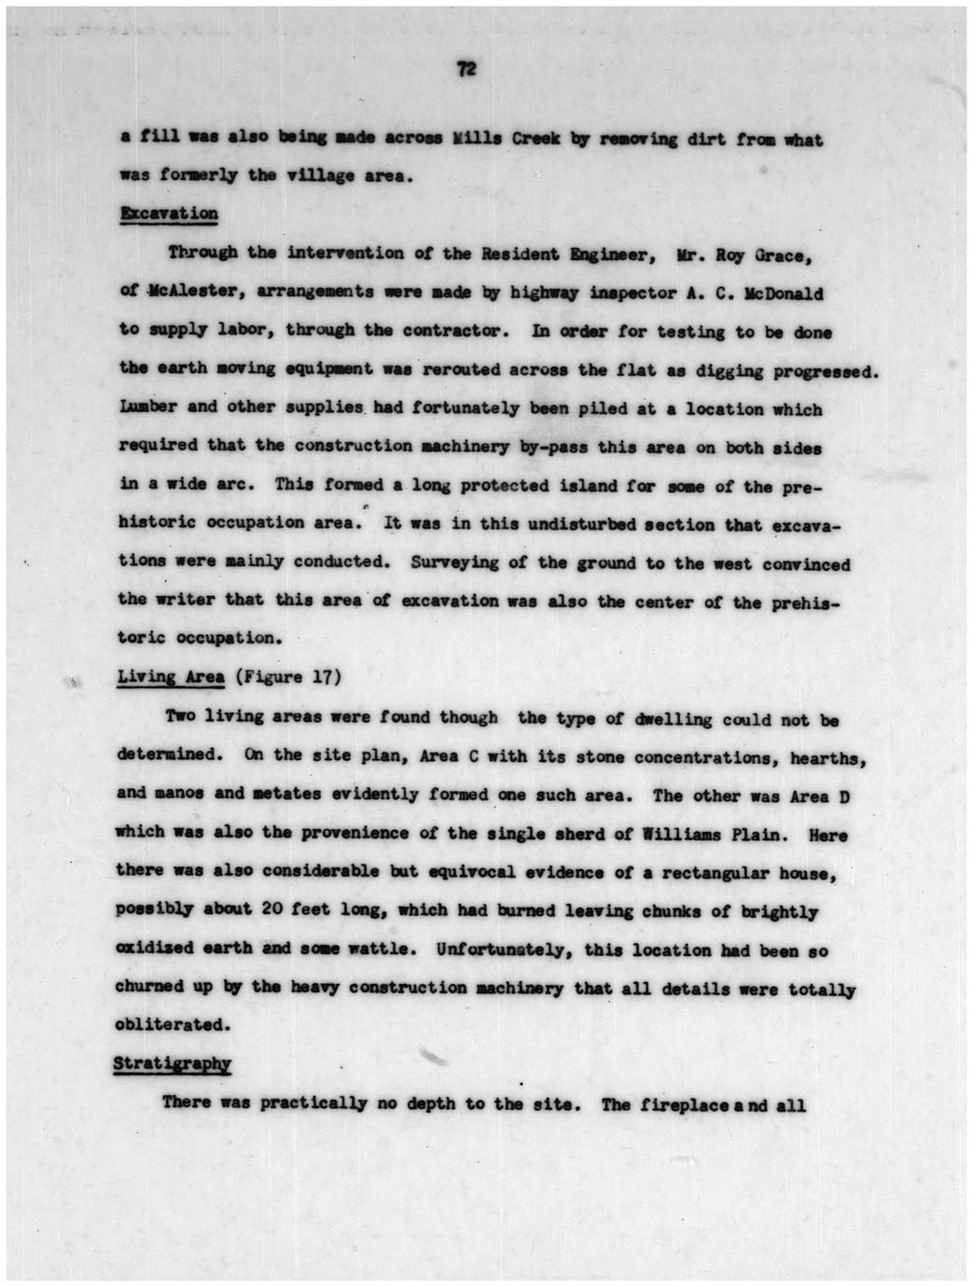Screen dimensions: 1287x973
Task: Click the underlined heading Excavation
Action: point(169,214)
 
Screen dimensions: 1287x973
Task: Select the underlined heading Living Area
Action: point(171,677)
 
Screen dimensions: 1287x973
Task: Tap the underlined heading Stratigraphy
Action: point(172,1063)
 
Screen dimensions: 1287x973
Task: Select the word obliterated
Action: point(171,1024)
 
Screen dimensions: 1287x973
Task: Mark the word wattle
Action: point(379,948)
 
